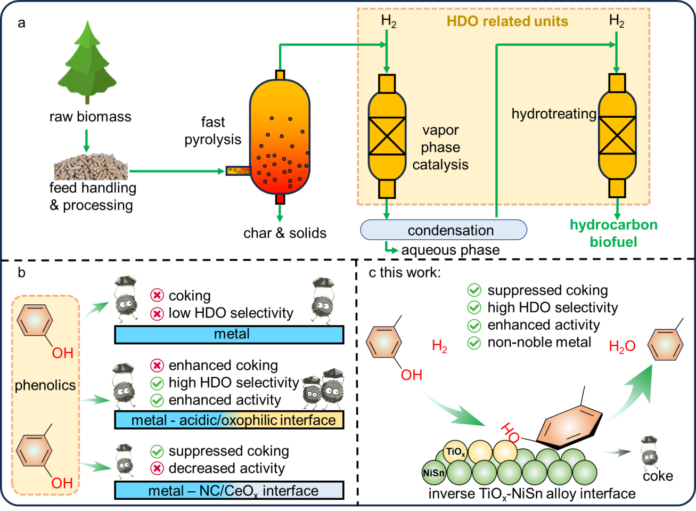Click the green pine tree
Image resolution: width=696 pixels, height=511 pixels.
pos(87,61)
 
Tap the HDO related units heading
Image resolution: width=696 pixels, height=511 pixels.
pos(507,21)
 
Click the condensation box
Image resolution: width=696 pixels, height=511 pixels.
pos(444,230)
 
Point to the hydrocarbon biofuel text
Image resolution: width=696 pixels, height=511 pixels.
pos(613,233)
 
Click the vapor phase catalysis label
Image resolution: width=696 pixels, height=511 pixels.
pos(440,148)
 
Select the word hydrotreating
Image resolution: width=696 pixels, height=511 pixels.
pos(554,113)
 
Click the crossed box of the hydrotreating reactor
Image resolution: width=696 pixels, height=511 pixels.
pos(617,135)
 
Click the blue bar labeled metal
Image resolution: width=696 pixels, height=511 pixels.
pos(229,334)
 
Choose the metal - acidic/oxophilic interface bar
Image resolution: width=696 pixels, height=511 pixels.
pos(229,420)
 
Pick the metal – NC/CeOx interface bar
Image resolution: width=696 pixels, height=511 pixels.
pos(229,490)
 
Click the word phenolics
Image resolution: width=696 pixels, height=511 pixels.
pos(45,385)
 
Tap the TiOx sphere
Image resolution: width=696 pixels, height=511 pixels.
pos(455,452)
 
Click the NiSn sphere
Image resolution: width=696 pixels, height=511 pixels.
pos(433,473)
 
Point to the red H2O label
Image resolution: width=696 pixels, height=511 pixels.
pos(622,346)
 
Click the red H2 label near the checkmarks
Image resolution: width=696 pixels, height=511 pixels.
pos(439,346)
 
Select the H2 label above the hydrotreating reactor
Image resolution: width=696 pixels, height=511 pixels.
pos(617,21)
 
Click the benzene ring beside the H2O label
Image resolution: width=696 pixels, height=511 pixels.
pos(665,345)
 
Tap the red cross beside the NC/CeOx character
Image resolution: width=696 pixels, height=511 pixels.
pos(157,468)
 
